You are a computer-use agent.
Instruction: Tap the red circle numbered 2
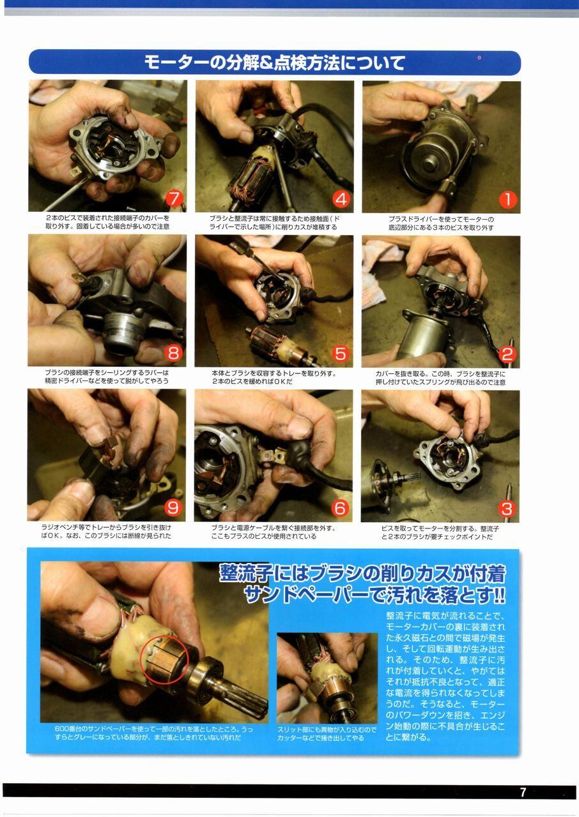(507, 354)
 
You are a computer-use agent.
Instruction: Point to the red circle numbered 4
(341, 199)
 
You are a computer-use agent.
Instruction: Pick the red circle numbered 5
(340, 354)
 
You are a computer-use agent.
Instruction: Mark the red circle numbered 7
(174, 199)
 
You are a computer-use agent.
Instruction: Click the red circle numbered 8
(173, 353)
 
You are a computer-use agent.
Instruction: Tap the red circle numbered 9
(173, 507)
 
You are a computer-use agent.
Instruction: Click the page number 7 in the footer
(523, 792)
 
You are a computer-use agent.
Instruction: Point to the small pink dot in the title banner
(479, 57)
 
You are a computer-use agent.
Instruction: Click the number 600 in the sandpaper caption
(60, 729)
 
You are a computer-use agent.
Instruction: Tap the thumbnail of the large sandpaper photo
(327, 678)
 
